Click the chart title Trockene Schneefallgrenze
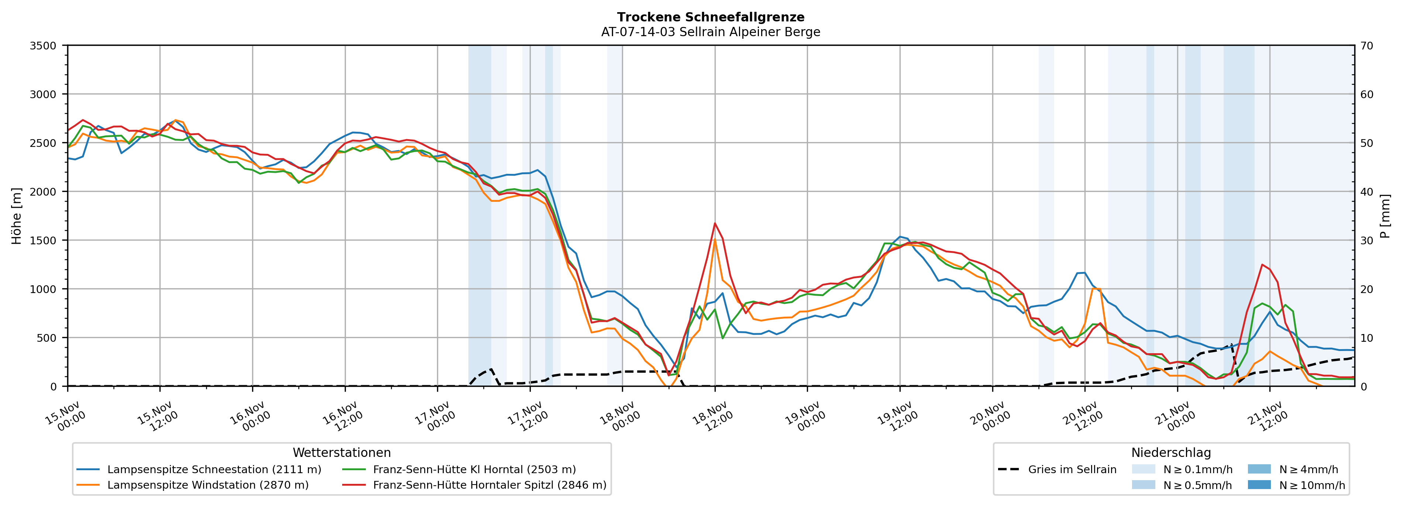pos(710,17)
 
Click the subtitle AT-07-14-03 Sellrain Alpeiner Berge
pos(710,32)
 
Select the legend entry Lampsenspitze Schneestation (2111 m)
pos(214,469)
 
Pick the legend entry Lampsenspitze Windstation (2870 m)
pos(207,485)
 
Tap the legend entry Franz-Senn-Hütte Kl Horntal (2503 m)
pos(474,469)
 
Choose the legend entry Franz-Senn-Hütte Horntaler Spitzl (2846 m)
pos(489,485)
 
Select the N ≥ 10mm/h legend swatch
pos(1259,485)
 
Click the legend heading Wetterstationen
pos(341,452)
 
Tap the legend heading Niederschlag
pos(1171,452)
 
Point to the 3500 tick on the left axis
pos(43,46)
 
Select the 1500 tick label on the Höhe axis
pos(43,240)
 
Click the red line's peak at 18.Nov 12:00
pos(715,223)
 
